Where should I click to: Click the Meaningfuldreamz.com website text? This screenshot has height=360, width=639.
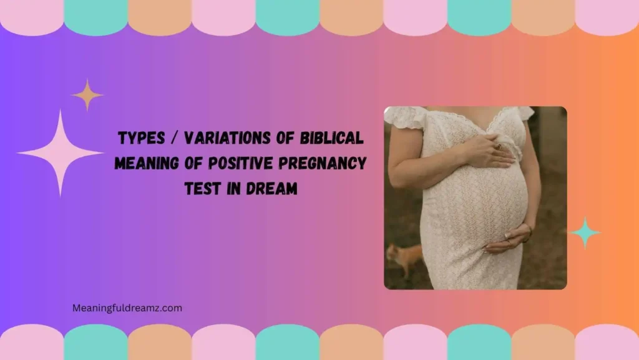click(x=127, y=307)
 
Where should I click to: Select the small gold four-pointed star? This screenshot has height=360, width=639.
click(x=87, y=95)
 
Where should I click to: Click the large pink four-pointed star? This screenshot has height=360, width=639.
click(x=60, y=152)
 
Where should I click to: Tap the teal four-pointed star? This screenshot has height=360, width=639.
click(x=585, y=232)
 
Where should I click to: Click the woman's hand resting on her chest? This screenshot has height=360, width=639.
click(x=490, y=152)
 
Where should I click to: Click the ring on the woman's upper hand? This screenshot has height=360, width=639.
click(x=497, y=147)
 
